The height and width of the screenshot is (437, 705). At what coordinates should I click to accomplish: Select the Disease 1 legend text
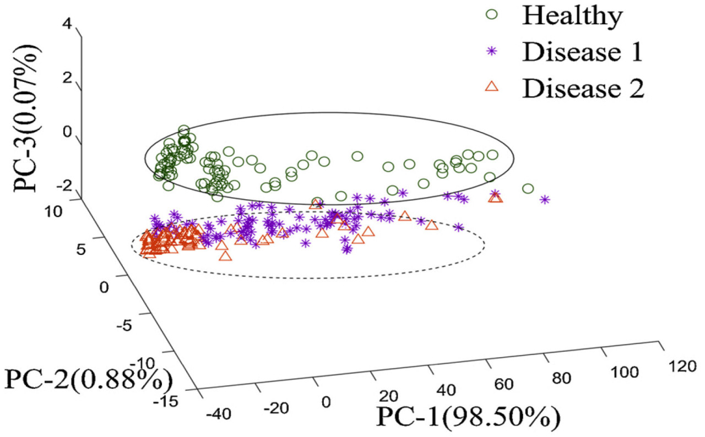(583, 53)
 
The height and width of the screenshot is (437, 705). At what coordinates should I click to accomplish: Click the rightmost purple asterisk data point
(545, 199)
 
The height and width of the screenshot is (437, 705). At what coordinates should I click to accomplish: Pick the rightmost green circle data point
(528, 189)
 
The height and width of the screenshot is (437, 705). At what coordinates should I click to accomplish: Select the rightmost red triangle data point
(496, 197)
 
